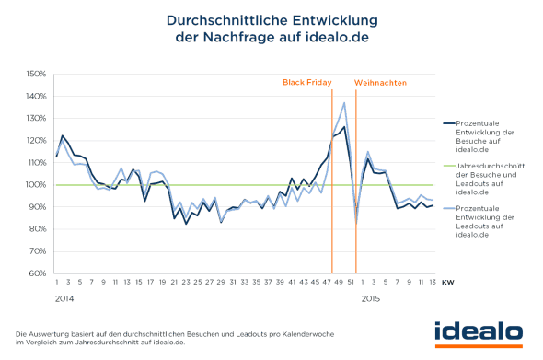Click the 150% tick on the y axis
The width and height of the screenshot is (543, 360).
point(35,74)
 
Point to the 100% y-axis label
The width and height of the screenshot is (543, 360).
point(35,185)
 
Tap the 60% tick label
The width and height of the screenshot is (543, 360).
point(37,273)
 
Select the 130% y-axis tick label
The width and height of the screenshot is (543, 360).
point(35,118)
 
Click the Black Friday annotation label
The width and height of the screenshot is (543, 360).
point(306,82)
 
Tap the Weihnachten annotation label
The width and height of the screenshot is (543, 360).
point(380,82)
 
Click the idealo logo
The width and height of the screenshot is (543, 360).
point(479,331)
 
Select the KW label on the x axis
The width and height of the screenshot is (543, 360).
point(447,284)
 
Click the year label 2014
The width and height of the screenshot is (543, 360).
point(64,298)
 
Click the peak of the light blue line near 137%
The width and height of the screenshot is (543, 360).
point(344,103)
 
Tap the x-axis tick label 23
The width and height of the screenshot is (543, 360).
point(187,284)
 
